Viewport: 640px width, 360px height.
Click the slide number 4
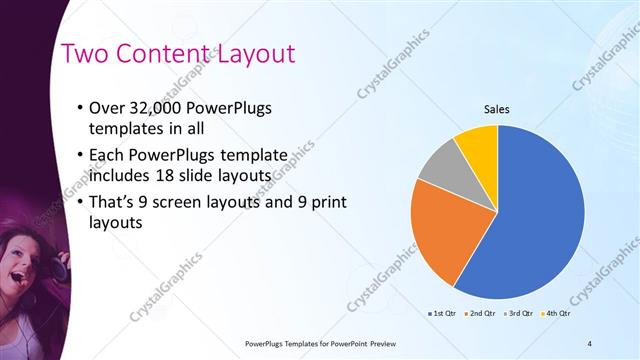coord(590,343)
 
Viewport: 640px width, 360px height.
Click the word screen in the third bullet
coord(184,200)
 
